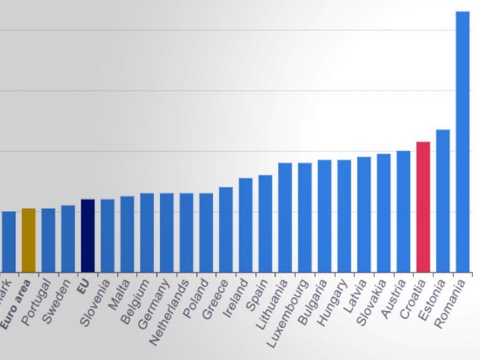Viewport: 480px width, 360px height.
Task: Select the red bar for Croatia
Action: pyautogui.click(x=423, y=206)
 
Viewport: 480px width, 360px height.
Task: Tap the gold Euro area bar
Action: pyautogui.click(x=28, y=240)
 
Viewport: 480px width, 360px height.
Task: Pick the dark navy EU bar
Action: pyautogui.click(x=88, y=235)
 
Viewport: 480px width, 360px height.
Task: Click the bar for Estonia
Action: pyautogui.click(x=443, y=200)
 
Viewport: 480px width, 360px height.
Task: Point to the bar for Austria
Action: pyautogui.click(x=403, y=211)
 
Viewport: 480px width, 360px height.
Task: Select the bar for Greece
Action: pyautogui.click(x=226, y=229)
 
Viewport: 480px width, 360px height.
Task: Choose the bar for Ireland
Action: pyautogui.click(x=245, y=224)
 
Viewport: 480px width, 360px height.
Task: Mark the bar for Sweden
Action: pyautogui.click(x=68, y=238)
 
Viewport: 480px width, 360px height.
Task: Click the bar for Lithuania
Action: pyautogui.click(x=285, y=217)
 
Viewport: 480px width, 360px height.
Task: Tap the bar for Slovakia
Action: pyautogui.click(x=383, y=212)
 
